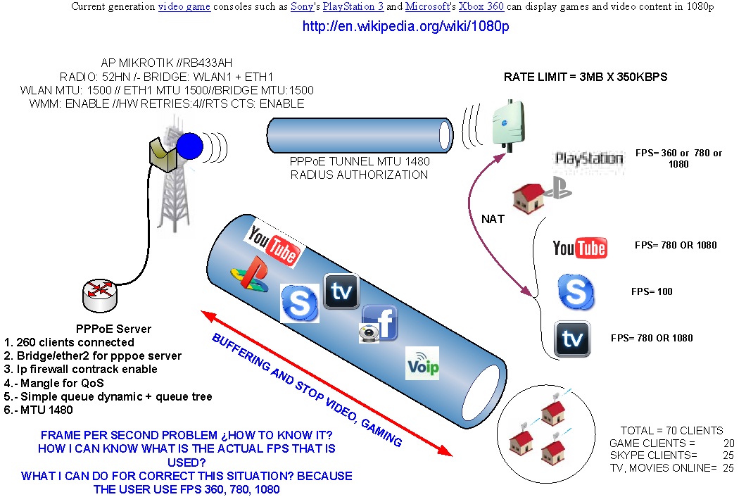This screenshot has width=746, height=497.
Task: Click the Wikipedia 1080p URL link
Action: point(406,26)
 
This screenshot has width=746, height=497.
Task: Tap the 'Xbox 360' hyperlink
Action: point(481,6)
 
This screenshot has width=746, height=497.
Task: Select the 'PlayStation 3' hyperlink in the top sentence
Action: point(353,6)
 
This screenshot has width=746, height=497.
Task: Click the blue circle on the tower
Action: point(190,146)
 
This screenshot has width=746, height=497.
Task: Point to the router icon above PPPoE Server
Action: point(100,295)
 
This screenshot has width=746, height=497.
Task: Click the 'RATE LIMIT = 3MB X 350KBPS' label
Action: point(586,77)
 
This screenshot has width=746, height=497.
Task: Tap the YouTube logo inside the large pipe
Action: point(274,246)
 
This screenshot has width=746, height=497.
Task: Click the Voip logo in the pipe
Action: point(422,364)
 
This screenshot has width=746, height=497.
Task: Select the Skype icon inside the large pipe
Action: point(299,303)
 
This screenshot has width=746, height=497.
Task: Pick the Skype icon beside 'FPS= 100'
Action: point(576,292)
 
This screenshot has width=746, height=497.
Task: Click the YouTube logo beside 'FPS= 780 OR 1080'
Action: point(580,248)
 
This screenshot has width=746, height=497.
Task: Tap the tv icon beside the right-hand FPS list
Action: point(572,339)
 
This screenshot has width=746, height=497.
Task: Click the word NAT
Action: point(493,219)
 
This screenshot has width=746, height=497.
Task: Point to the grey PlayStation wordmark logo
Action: point(589,158)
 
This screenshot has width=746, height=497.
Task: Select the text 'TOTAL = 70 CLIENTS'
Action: point(672,431)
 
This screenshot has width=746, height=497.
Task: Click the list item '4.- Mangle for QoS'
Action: point(53,383)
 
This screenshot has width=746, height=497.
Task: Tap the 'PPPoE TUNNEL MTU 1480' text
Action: point(360,161)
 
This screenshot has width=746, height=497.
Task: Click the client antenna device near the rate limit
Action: point(507,125)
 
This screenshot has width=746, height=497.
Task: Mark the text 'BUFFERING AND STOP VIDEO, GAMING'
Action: point(307,390)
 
